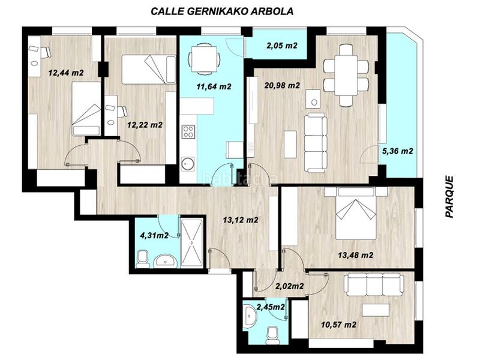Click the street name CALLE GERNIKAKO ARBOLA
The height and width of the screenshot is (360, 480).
(222, 11)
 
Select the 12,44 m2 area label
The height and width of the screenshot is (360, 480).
(65, 73)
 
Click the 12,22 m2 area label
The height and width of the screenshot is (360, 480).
(145, 125)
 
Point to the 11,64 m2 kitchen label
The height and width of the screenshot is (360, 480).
(214, 86)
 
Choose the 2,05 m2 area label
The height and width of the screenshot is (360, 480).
(282, 46)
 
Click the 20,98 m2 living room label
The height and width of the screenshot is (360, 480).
(282, 86)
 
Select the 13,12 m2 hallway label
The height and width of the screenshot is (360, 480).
(240, 220)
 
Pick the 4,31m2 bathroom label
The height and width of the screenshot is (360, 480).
(154, 235)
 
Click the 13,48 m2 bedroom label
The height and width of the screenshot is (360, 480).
(355, 255)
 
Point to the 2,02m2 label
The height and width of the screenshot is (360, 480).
(289, 286)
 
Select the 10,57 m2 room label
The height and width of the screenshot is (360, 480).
(338, 325)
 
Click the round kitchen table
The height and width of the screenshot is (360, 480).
(199, 59)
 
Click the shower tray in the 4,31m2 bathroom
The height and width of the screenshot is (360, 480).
(193, 242)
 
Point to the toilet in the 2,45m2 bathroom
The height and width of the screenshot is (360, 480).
(272, 332)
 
